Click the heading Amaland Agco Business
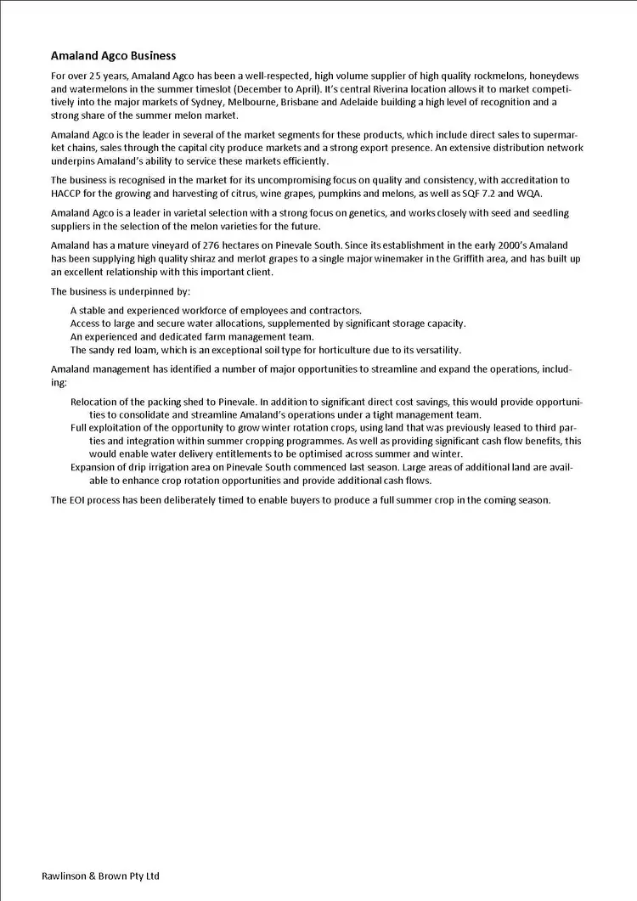(113, 56)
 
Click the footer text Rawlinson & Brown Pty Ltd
(100, 876)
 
